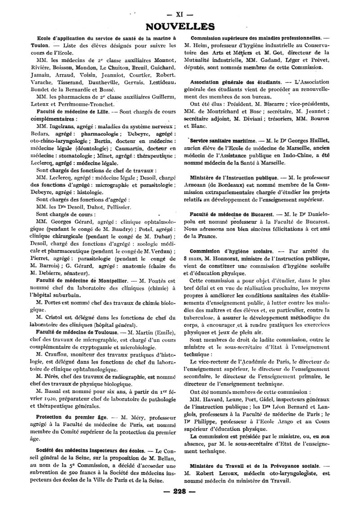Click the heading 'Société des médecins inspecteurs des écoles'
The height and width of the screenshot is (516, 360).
pyautogui.click(x=88, y=451)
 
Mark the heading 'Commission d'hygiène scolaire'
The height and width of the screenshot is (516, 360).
pyautogui.click(x=231, y=251)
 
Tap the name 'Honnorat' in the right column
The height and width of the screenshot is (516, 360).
pyautogui.click(x=230, y=258)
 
